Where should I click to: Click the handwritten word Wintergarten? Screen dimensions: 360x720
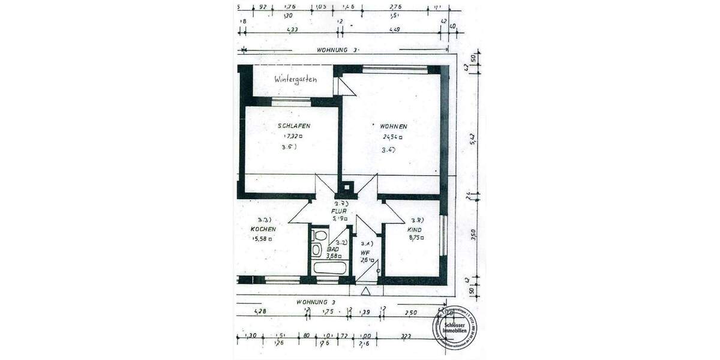[295, 79]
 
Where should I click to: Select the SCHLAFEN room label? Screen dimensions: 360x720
[294, 126]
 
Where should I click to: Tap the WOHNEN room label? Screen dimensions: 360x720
[393, 127]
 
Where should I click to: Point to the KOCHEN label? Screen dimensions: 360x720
[263, 230]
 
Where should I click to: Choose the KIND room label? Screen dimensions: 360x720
[415, 230]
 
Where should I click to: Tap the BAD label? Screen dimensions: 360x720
[333, 249]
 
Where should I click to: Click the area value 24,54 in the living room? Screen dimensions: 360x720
[392, 137]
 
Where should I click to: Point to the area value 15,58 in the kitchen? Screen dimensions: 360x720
[263, 239]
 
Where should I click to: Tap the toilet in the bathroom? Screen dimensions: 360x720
[319, 235]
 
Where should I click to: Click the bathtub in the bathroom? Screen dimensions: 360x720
[329, 267]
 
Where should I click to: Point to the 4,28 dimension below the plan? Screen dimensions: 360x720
[260, 312]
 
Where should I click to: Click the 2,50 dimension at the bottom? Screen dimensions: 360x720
[410, 313]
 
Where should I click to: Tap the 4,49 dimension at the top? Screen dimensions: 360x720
[394, 29]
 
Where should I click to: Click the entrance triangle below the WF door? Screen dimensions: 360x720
[365, 291]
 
